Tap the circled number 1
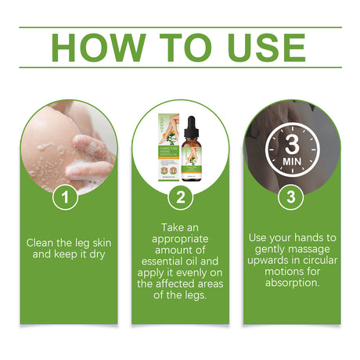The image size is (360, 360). [x=67, y=197]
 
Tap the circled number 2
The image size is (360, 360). [x=180, y=197]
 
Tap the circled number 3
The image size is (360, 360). [x=290, y=197]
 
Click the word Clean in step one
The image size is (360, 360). [x=42, y=243]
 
